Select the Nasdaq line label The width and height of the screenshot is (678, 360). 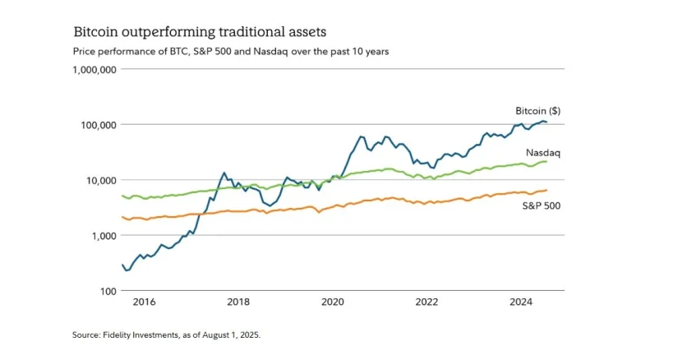pyautogui.click(x=543, y=153)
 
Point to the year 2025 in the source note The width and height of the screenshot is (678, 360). pyautogui.click(x=250, y=335)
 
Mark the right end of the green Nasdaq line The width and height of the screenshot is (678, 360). pyautogui.click(x=547, y=162)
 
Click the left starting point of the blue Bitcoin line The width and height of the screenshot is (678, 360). pyautogui.click(x=122, y=265)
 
